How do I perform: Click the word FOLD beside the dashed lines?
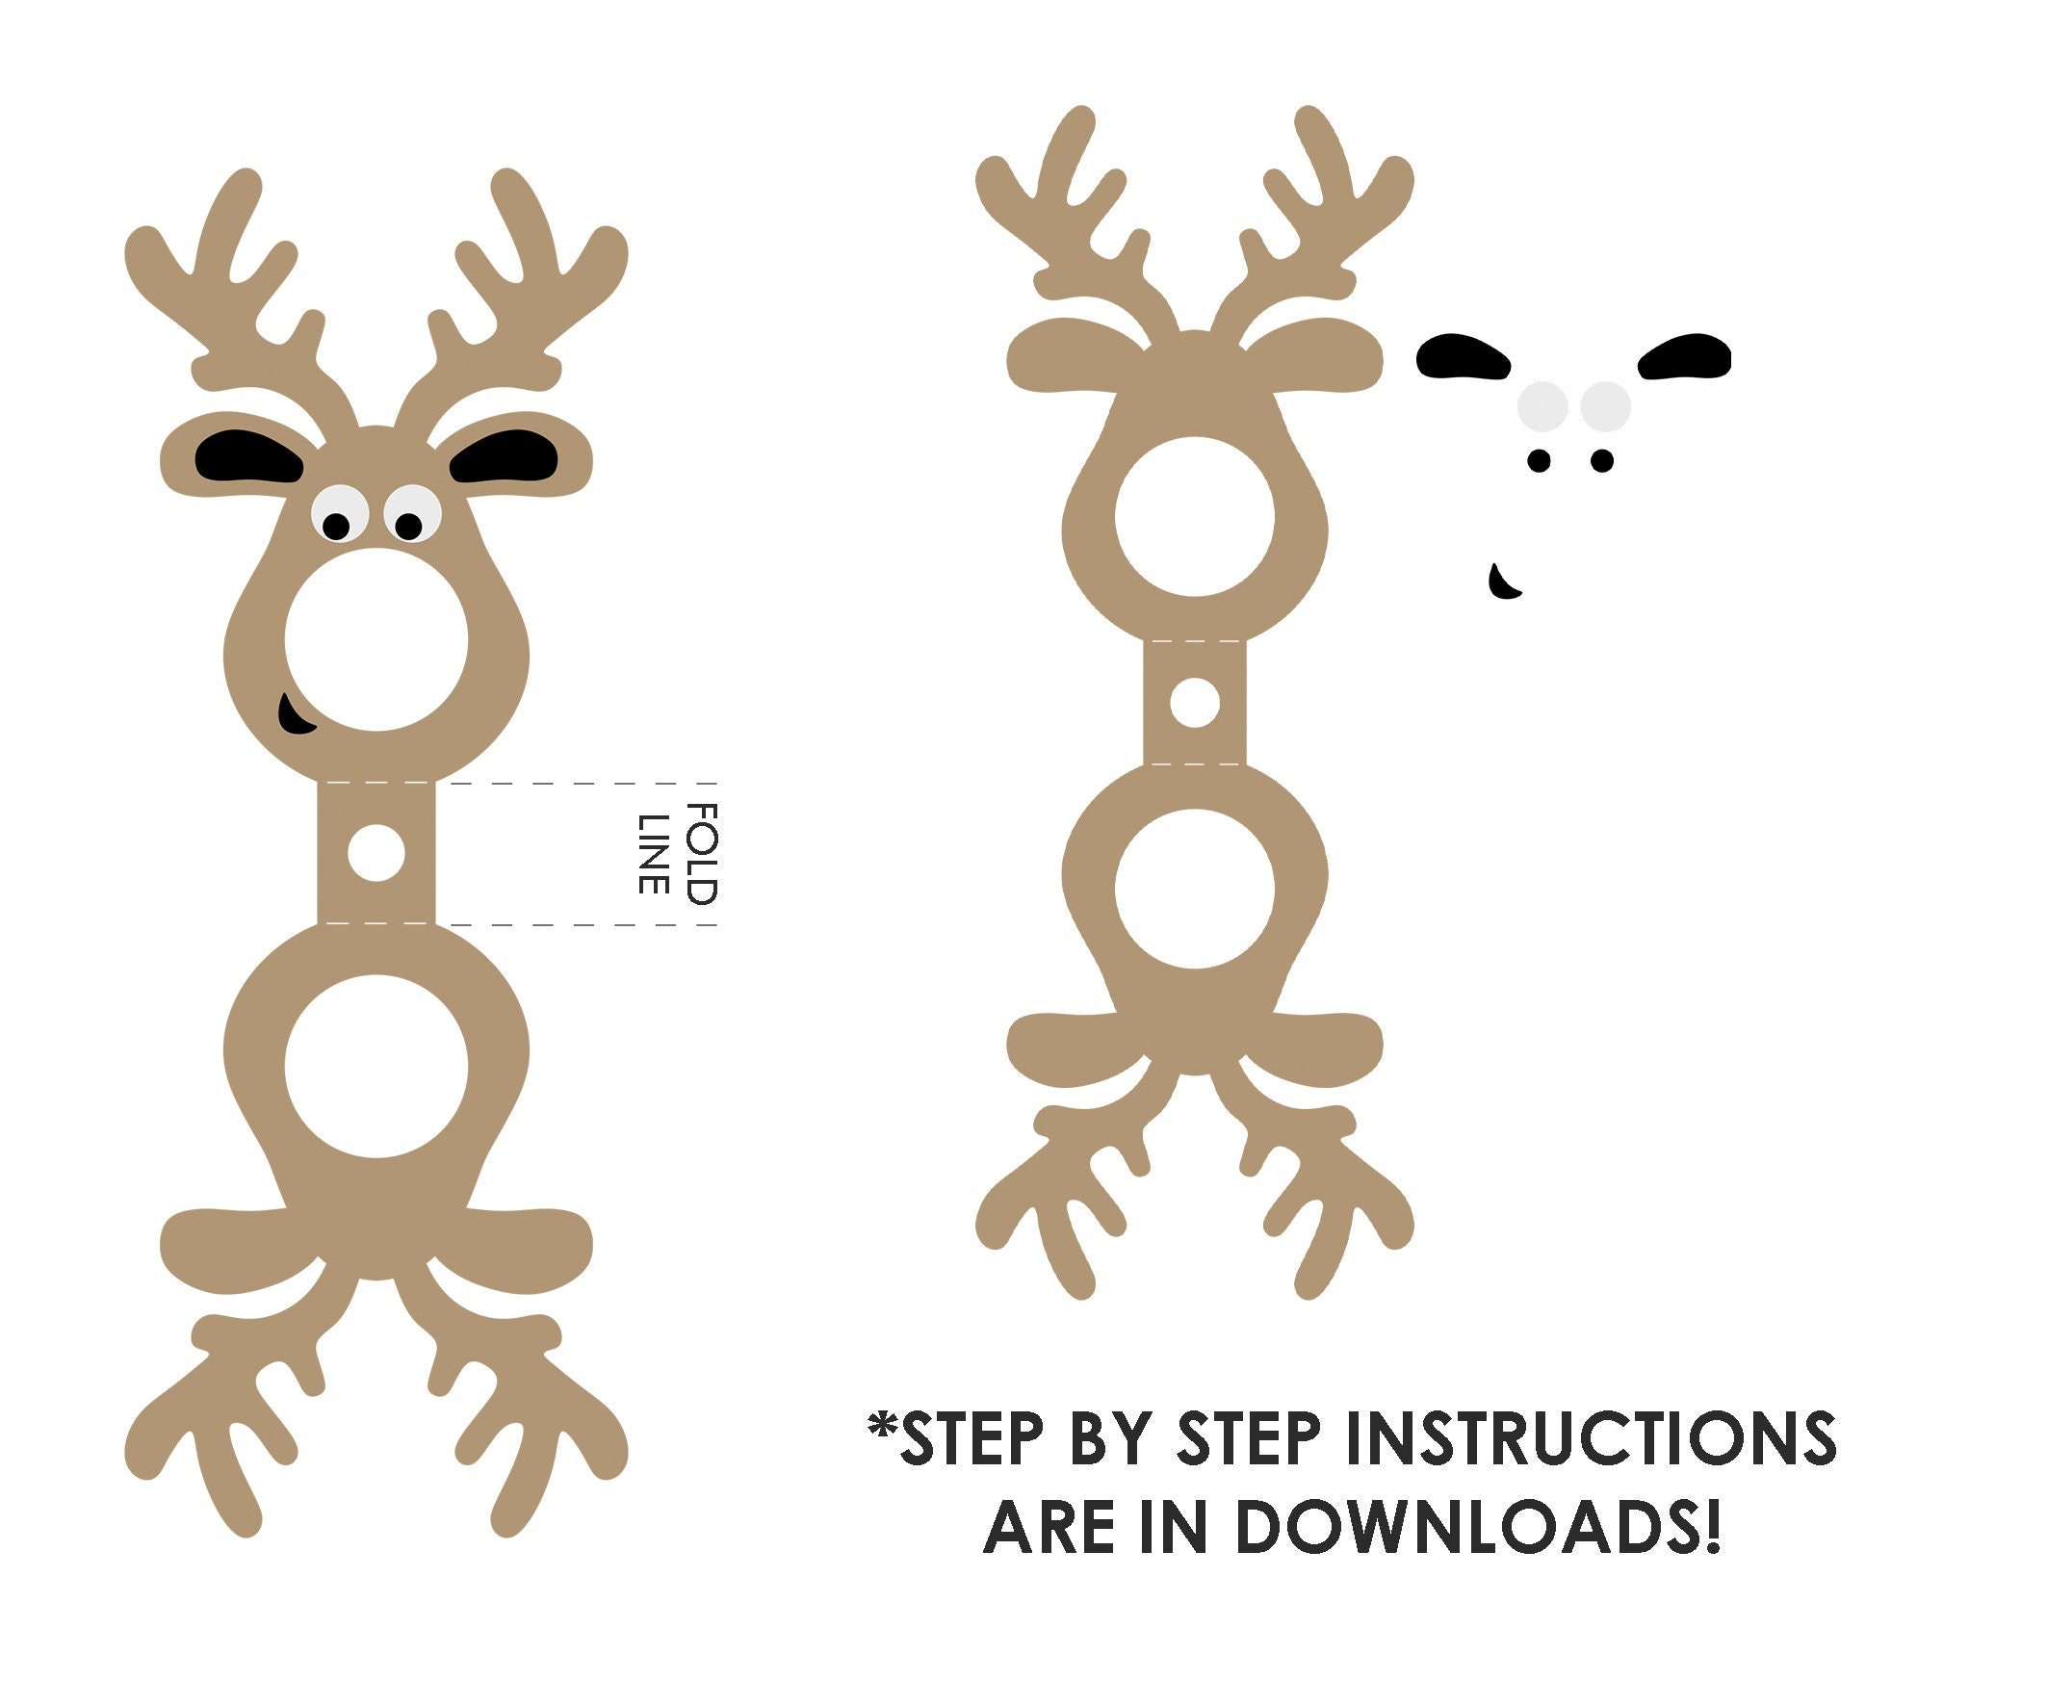(702, 854)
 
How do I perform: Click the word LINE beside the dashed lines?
(652, 854)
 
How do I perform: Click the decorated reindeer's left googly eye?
(339, 515)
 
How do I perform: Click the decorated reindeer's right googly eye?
(412, 515)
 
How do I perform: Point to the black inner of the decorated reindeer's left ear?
(248, 456)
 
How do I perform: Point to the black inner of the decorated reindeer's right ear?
(504, 456)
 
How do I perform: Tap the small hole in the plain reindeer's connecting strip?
(1194, 702)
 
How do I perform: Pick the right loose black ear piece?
(1684, 357)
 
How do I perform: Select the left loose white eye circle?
(1543, 406)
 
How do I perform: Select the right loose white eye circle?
(1605, 406)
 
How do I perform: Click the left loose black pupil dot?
(1540, 460)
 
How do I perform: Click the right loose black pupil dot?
(1601, 460)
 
